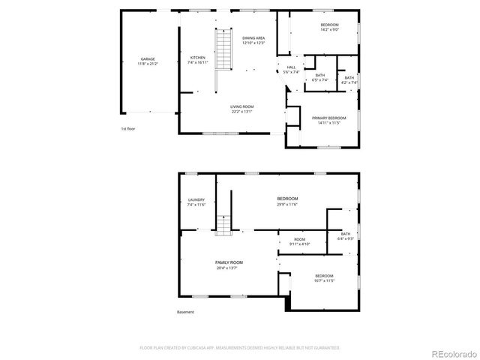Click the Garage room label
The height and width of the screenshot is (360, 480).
point(148,61)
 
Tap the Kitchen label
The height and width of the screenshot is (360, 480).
point(197,61)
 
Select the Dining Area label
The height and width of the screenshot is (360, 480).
point(253,40)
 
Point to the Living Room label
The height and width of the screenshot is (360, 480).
point(241,109)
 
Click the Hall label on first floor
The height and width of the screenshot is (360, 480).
point(291,70)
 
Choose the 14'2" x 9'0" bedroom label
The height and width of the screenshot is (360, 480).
point(330,27)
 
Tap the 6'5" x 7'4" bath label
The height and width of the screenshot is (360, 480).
point(320,78)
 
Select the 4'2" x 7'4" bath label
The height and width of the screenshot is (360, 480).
point(349,80)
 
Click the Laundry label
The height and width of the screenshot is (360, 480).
point(196,202)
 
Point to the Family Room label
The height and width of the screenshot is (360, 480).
point(229,265)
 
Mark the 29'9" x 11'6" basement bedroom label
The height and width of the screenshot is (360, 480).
point(287,201)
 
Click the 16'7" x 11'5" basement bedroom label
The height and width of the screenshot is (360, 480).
point(324,278)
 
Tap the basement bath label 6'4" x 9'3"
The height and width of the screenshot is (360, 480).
point(346,236)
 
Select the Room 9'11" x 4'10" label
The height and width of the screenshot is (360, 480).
point(299,241)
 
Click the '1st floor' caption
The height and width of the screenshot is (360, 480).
point(128,129)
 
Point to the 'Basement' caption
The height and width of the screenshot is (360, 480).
point(185,312)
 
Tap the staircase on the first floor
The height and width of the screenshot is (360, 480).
point(222,49)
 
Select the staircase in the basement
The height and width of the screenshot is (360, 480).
point(223,224)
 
